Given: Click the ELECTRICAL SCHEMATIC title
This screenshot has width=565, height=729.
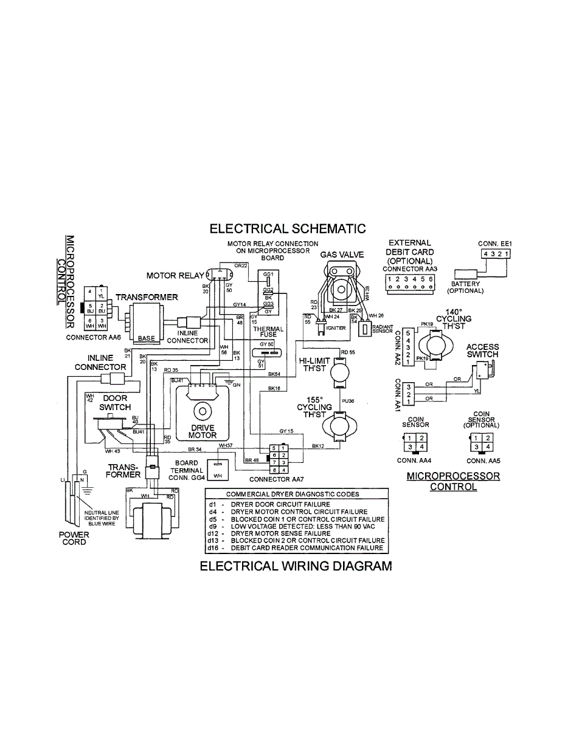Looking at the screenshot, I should [288, 228].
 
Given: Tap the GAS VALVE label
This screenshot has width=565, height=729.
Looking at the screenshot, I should [342, 255].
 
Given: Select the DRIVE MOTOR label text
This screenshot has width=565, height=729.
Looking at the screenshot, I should [203, 431].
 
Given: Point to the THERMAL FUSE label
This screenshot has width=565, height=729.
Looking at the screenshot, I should [268, 332].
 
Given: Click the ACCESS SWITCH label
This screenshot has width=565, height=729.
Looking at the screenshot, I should [482, 351].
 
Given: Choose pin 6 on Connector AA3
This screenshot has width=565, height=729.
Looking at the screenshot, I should [431, 279].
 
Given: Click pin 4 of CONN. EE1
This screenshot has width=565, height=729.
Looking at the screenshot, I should [485, 253].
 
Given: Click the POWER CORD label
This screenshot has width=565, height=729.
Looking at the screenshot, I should [73, 538].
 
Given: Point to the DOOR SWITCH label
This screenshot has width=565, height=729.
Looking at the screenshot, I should [114, 403].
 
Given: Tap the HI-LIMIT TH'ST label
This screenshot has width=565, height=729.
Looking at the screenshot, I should [314, 364].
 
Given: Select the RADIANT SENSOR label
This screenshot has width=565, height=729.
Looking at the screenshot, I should [383, 329].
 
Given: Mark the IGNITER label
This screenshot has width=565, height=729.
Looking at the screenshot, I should [336, 328].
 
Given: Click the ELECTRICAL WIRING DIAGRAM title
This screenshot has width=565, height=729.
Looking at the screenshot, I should [296, 567].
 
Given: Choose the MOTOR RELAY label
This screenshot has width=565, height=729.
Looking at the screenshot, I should [175, 276].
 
